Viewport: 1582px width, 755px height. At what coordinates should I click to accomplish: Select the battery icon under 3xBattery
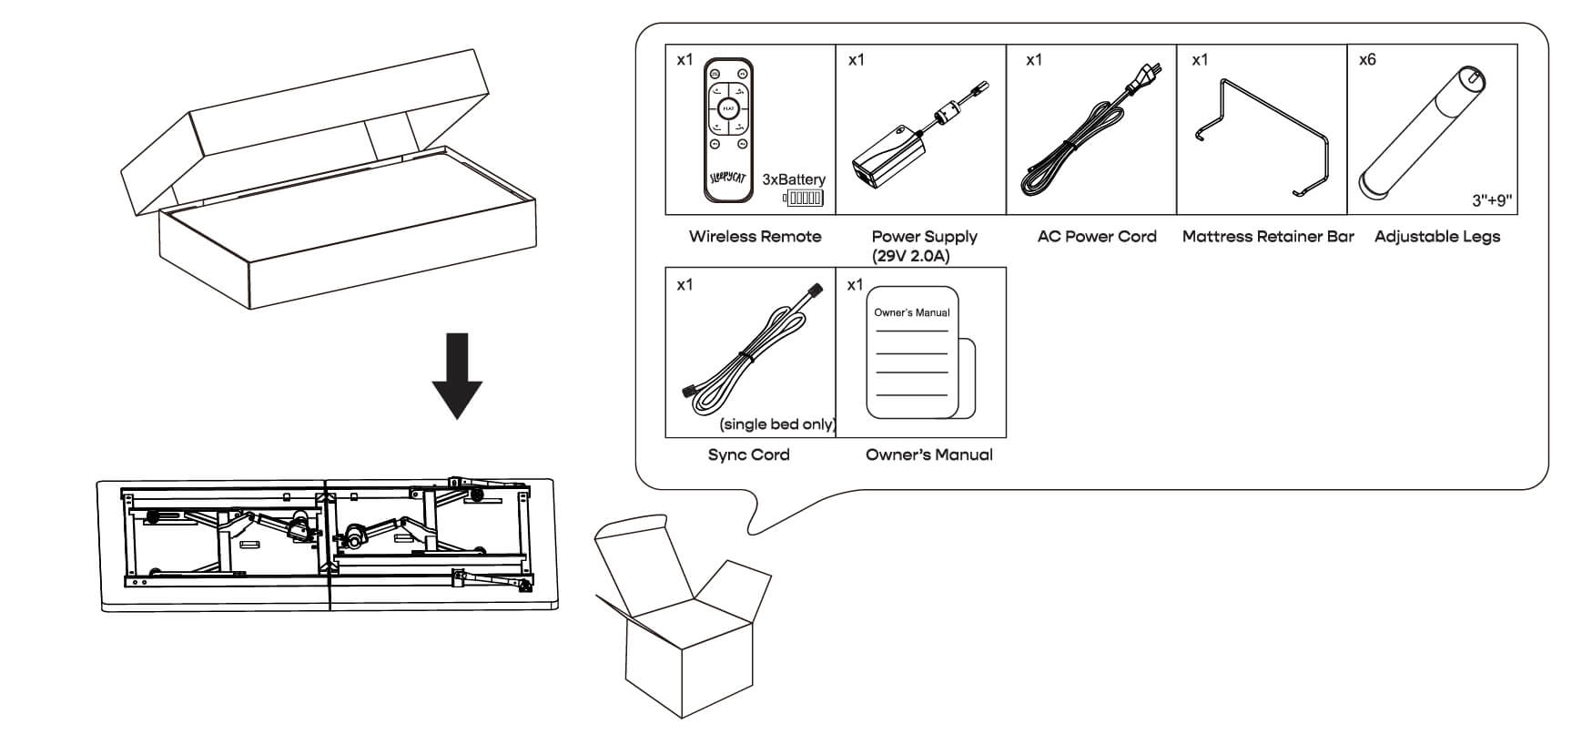point(805,198)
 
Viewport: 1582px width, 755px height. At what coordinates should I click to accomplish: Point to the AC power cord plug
point(1139,82)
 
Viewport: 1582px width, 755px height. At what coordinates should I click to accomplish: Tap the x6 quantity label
point(1366,60)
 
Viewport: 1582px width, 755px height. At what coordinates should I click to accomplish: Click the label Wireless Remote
point(755,237)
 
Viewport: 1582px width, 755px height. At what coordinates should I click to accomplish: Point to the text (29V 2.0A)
point(910,257)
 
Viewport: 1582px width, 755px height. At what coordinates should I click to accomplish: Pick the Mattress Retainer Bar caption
point(1267,237)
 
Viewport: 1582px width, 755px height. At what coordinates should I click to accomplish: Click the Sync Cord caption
point(748,455)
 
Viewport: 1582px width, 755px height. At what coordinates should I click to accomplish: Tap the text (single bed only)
point(777,424)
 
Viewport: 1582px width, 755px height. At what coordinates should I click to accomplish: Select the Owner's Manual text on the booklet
point(911,312)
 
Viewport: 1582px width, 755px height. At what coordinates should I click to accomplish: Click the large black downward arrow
point(457,374)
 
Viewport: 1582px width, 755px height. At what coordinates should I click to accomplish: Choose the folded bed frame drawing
point(328,544)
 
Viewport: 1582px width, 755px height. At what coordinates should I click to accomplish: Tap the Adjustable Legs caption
point(1436,237)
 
